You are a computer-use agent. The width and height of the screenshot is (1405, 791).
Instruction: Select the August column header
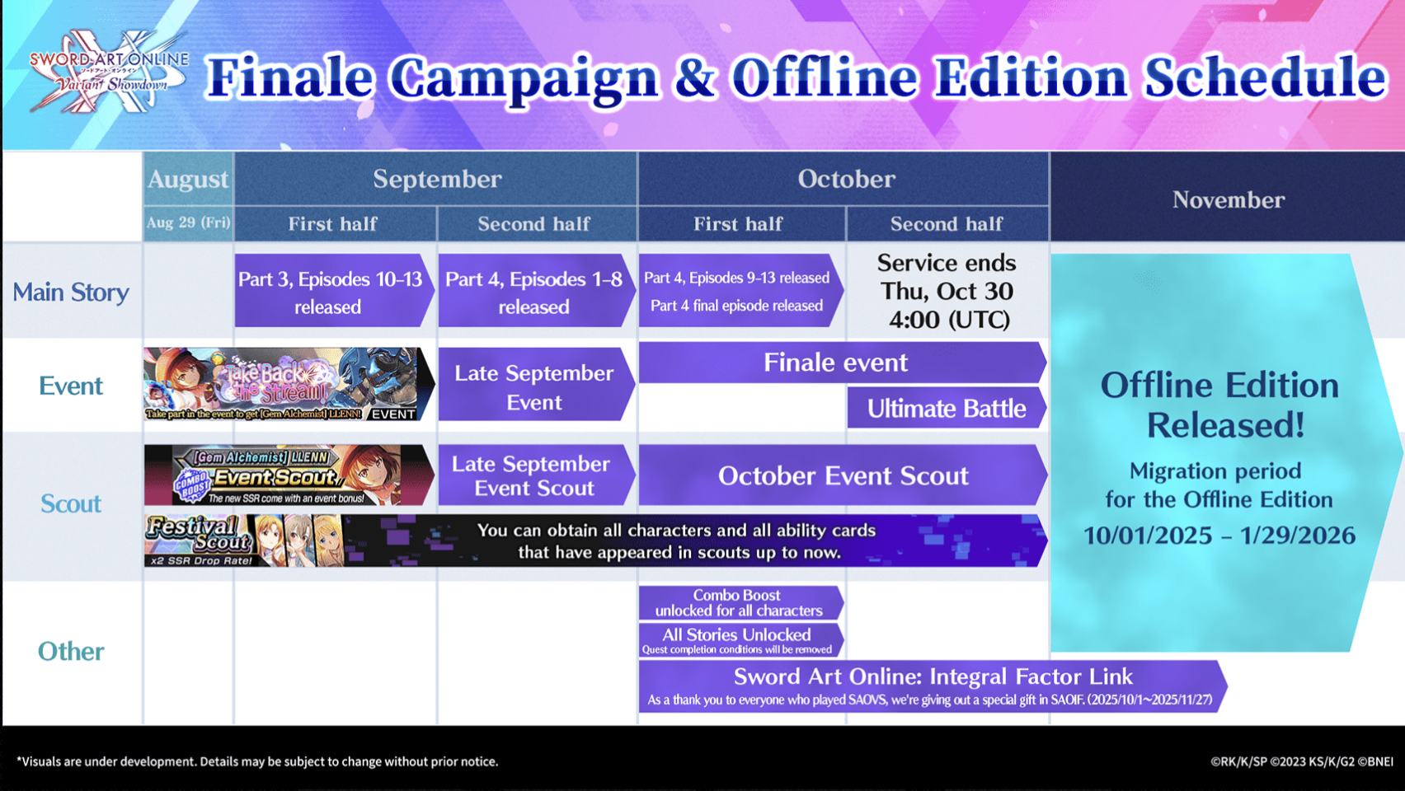point(188,180)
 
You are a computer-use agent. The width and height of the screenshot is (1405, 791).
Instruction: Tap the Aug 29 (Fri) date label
point(188,223)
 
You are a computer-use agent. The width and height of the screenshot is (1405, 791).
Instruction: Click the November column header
point(1228,199)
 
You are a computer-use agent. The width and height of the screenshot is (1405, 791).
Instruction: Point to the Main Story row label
point(71,292)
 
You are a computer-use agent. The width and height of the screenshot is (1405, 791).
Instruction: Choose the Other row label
point(71,652)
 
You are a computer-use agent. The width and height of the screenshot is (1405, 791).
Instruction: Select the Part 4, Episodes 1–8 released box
point(536,291)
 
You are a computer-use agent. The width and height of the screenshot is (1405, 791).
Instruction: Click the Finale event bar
point(843,363)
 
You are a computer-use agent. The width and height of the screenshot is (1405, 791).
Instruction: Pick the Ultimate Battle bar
point(947,408)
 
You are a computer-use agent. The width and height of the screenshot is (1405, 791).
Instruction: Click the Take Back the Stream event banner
point(289,384)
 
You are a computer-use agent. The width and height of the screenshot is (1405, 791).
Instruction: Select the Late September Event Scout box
point(536,475)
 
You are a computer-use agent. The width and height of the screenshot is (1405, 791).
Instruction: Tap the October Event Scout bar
point(843,475)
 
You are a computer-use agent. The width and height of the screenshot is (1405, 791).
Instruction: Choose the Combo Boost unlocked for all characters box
point(740,602)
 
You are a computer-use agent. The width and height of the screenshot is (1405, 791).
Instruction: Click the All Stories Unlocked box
point(740,640)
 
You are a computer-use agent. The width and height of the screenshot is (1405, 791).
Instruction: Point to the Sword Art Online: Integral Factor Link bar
point(933,686)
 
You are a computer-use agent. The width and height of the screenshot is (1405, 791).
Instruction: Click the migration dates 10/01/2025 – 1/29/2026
point(1219,536)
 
